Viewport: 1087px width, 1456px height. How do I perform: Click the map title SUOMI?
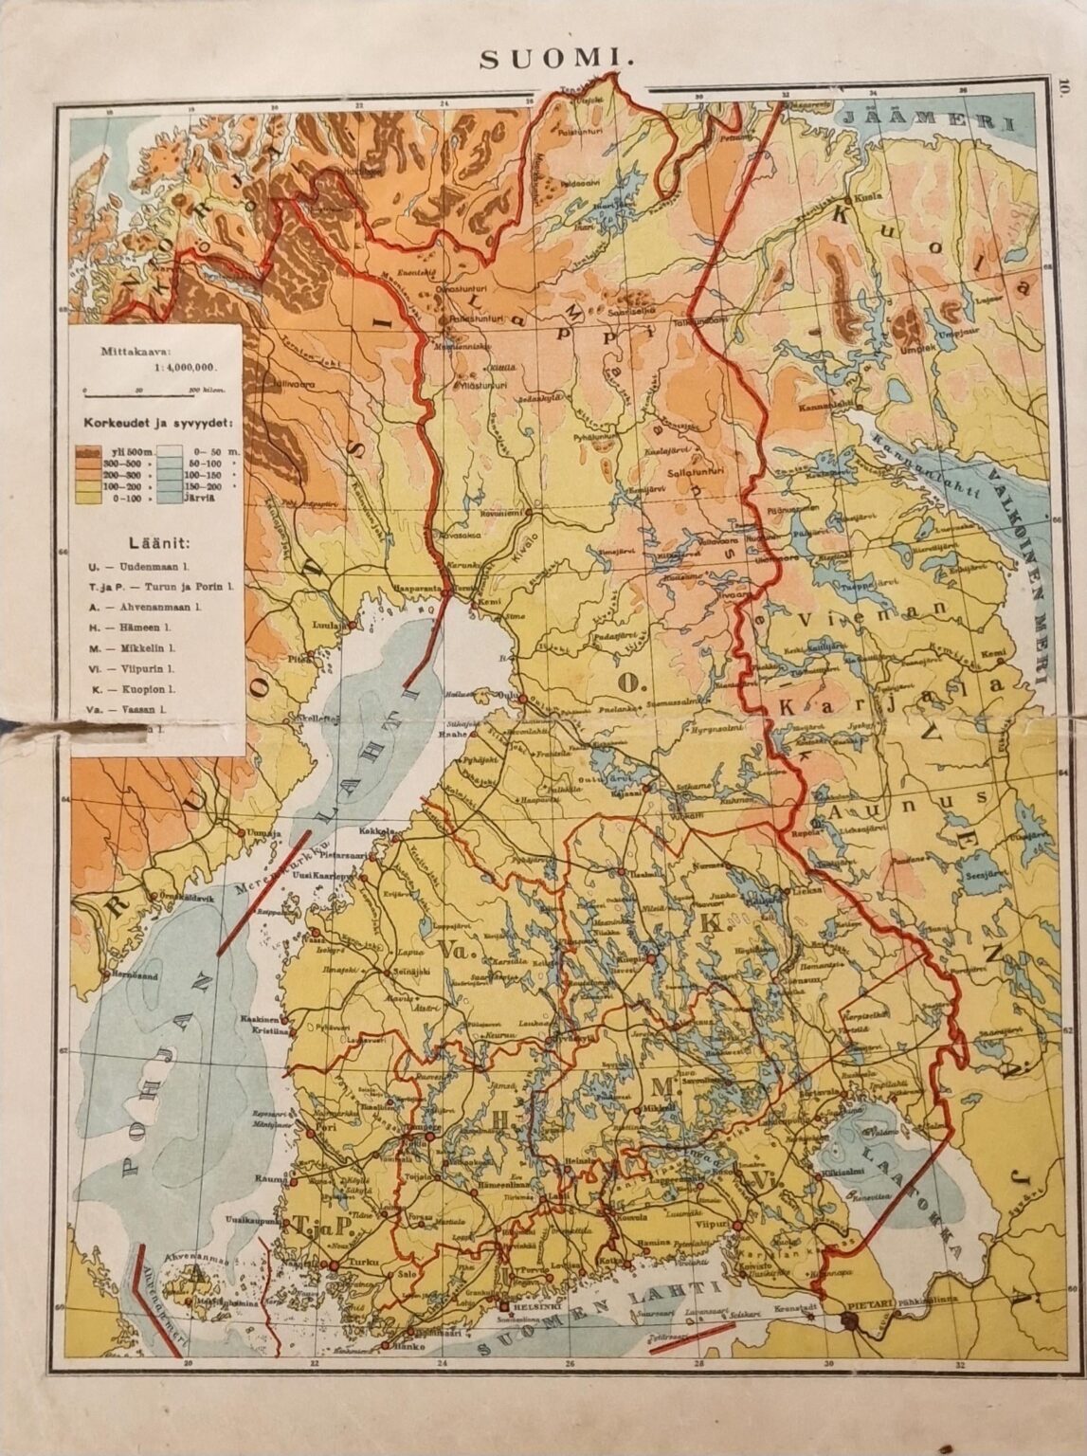(x=554, y=59)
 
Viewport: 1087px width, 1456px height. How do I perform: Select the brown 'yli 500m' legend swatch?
(x=88, y=451)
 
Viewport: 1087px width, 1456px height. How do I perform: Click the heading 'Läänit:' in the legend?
(x=153, y=543)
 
